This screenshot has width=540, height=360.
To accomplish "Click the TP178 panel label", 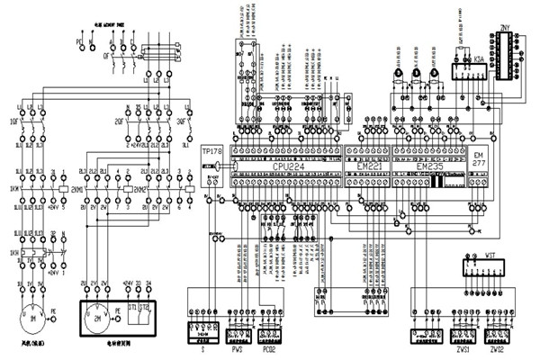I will point(211,150).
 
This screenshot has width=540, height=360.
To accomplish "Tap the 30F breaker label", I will point(181,117).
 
